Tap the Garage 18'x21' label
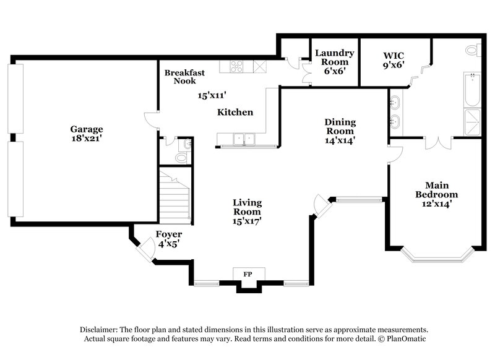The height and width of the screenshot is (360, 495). tap(86, 134)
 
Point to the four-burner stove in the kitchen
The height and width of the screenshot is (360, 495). tap(237, 64)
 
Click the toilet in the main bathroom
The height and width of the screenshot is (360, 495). tap(473, 49)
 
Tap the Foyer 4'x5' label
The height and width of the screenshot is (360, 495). tap(168, 238)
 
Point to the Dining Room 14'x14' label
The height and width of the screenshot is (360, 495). tap(340, 131)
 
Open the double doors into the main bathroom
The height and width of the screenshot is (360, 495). tap(437, 143)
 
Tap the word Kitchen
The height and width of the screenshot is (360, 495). tap(235, 113)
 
